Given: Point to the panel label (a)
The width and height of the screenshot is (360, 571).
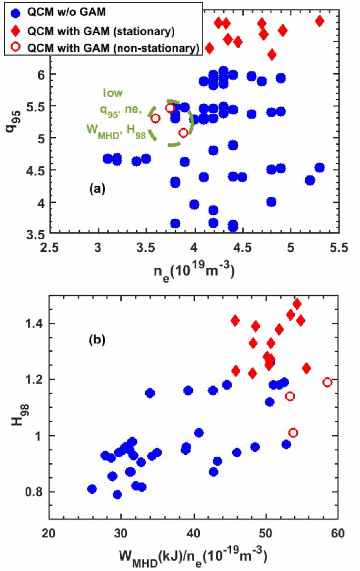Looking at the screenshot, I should pos(97,188).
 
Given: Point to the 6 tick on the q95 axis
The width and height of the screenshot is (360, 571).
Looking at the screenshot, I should pos(39,74).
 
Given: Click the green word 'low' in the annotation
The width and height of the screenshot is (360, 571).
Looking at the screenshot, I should pos(113,93).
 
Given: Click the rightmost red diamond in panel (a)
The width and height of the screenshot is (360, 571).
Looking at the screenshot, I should pos(320,21).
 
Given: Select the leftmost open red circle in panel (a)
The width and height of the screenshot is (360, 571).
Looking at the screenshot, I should pos(155,118).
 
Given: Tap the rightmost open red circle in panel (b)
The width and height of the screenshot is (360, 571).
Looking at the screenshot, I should pos(327,382).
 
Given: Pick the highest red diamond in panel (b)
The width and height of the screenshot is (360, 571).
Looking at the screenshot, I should pos(297,304).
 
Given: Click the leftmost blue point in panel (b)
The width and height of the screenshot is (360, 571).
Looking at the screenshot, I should pos(92,489).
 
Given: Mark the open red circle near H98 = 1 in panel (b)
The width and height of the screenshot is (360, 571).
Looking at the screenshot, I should pos(293,433).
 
